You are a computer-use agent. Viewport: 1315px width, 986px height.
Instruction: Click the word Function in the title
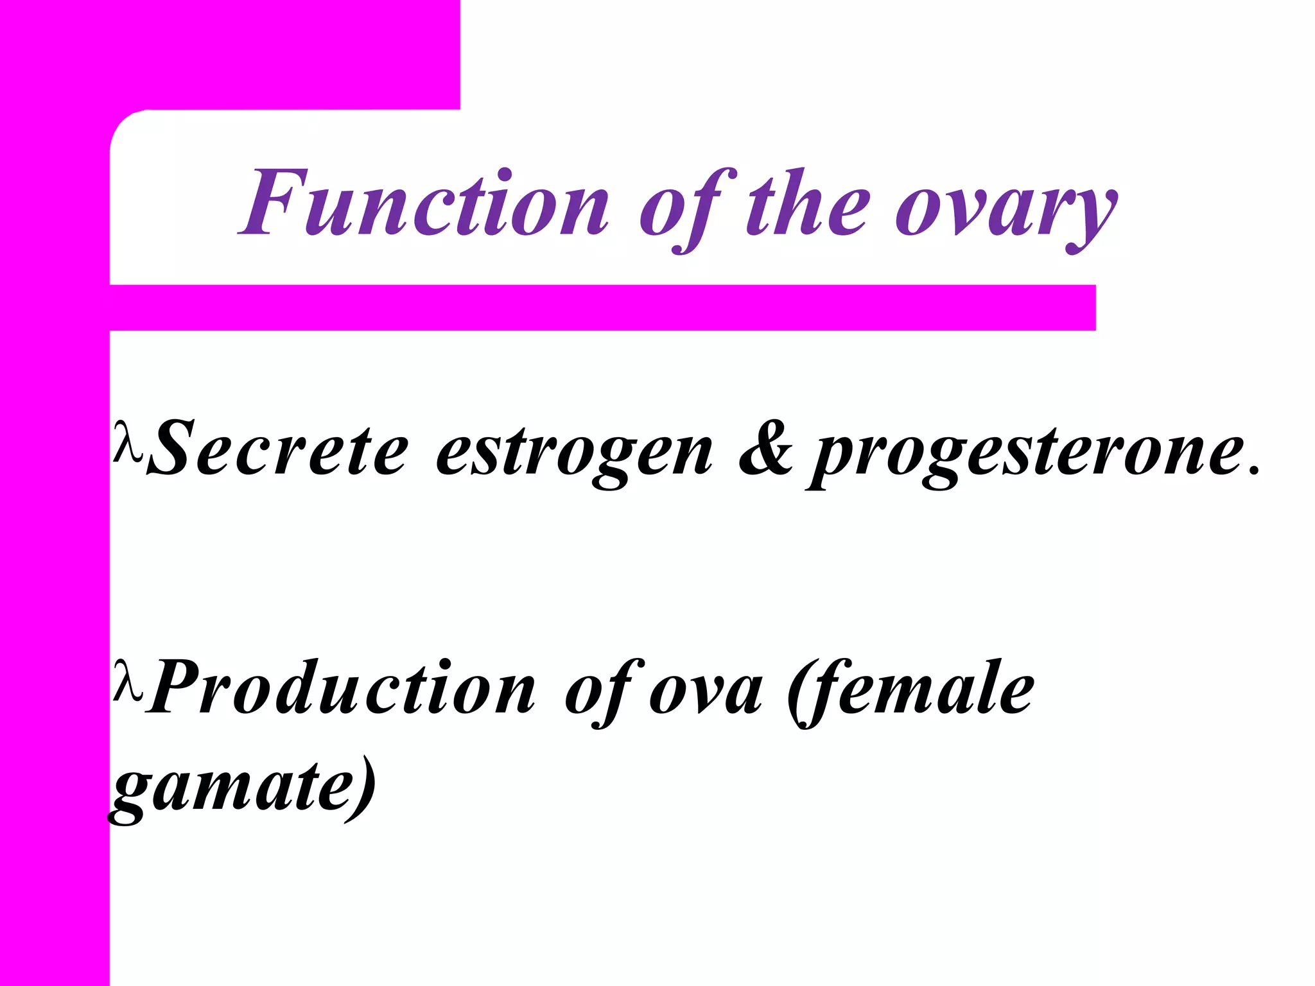[424, 204]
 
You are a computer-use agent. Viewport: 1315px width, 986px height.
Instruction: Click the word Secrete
[277, 448]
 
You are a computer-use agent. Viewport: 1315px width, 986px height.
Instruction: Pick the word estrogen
[573, 453]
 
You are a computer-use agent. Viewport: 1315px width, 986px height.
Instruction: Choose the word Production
[340, 688]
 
